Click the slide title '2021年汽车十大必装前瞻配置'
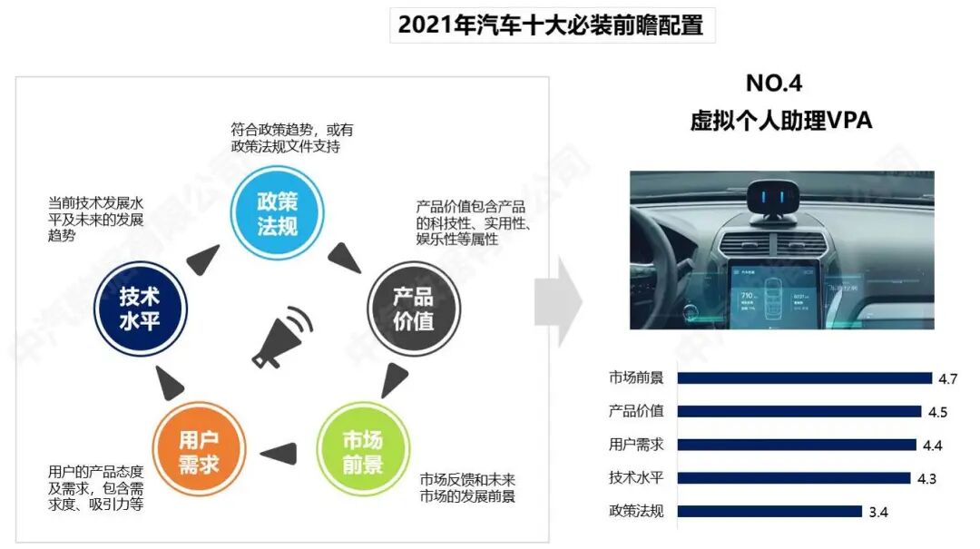click(x=551, y=25)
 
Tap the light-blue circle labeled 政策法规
click(x=277, y=212)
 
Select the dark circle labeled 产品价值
click(x=413, y=309)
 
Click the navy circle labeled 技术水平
click(x=139, y=309)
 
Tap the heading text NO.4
click(x=774, y=83)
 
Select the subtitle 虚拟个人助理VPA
click(x=780, y=121)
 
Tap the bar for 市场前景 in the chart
click(x=804, y=378)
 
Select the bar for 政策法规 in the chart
click(x=769, y=511)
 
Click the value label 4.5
click(x=937, y=412)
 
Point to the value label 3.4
click(x=877, y=513)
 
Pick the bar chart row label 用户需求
click(x=636, y=445)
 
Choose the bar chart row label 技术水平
click(x=636, y=477)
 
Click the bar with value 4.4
click(x=798, y=445)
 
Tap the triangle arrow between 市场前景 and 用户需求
click(x=280, y=450)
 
